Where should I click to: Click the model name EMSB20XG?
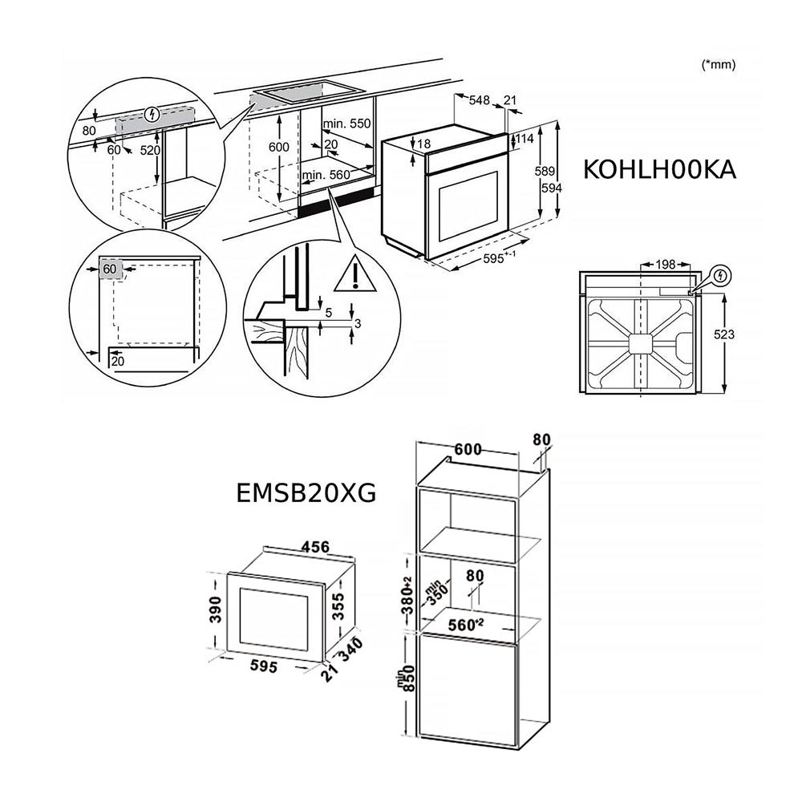click(306, 491)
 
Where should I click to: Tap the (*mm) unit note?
click(718, 65)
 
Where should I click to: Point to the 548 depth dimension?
click(479, 100)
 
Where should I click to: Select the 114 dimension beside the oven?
click(525, 139)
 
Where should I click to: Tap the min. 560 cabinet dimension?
click(326, 175)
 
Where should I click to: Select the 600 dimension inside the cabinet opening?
click(278, 148)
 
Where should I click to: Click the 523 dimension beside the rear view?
click(724, 334)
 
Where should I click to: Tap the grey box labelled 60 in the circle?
click(111, 269)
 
